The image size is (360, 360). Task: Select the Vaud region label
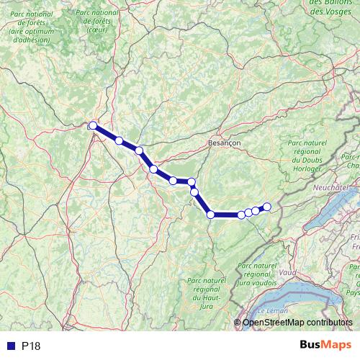287,273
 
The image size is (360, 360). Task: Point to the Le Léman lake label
272,310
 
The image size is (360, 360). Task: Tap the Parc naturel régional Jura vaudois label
256,274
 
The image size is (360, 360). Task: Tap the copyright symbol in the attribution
238,322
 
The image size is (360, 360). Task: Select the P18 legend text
31,346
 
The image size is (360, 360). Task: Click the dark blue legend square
10,346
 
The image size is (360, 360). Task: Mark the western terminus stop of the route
92,126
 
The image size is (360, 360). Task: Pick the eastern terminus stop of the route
266,207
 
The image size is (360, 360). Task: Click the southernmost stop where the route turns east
211,214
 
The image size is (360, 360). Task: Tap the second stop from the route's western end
119,140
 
